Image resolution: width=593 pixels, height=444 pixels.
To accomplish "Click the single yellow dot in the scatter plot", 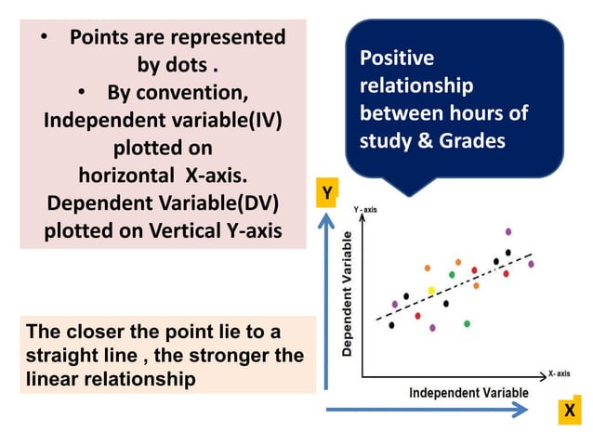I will tap(431, 291).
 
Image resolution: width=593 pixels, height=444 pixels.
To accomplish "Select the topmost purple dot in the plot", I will tap(508, 231).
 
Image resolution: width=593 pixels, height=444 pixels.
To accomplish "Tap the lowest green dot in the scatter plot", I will tap(467, 323).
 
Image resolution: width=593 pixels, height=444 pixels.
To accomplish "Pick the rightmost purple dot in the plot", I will tap(531, 264).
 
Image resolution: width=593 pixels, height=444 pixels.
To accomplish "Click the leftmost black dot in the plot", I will tap(391, 325).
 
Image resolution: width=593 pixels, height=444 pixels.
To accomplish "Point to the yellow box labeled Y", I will tap(326, 193).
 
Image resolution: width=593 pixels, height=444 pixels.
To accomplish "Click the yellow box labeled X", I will tap(569, 411).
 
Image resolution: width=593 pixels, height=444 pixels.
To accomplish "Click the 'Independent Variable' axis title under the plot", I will tap(468, 393).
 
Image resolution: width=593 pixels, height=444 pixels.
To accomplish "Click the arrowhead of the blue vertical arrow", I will tap(326, 221).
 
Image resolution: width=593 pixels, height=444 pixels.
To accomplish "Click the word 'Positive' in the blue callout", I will tap(397, 59).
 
